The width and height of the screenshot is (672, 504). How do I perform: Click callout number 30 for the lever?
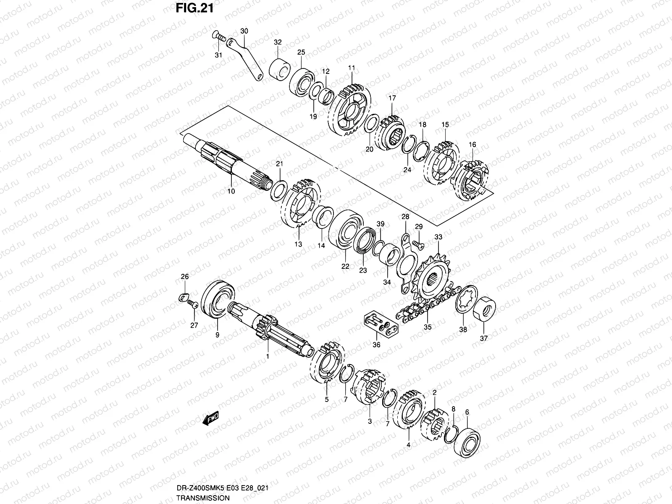(x=244, y=31)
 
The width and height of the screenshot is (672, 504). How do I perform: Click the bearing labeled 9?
(x=219, y=300)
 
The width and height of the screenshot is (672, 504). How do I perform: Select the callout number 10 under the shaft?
(x=231, y=191)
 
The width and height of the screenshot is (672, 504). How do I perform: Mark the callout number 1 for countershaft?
(x=268, y=356)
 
